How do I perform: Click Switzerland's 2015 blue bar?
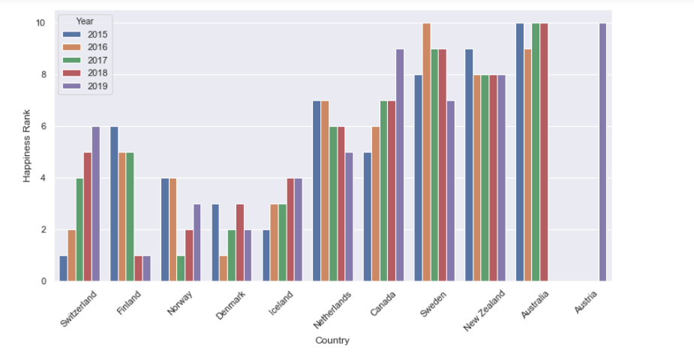point(64,268)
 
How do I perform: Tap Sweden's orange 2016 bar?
point(427,152)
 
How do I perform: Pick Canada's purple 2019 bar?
point(400,165)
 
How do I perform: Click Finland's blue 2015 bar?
point(115,204)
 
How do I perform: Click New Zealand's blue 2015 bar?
point(468,165)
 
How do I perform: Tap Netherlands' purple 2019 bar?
point(349,217)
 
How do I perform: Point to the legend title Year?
point(85,21)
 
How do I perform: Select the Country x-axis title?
point(332,340)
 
